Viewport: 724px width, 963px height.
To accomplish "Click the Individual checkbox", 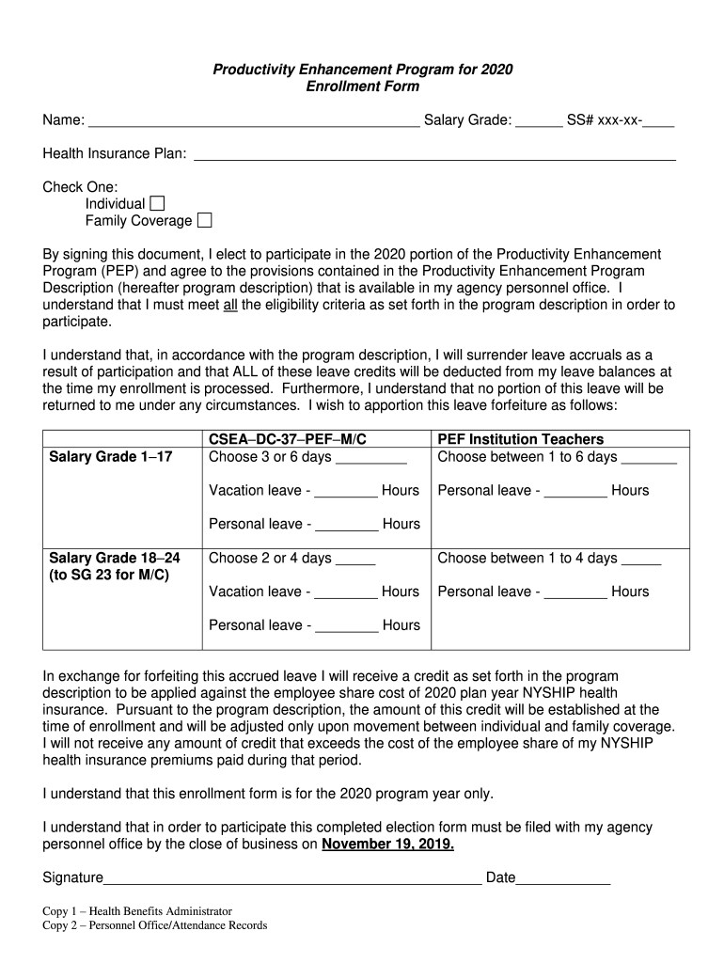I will coord(157,204).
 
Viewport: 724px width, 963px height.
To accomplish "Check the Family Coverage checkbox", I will coord(204,221).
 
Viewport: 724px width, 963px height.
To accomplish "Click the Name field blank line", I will coord(253,121).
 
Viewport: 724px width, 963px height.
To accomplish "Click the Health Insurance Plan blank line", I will coord(433,154).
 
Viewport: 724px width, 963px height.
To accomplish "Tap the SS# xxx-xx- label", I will coord(604,120).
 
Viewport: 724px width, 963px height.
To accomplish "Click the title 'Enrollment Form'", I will coord(363,87).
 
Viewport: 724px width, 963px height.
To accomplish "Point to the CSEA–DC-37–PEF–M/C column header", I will coord(287,439).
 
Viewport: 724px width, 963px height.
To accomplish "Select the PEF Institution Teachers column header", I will coord(521,439).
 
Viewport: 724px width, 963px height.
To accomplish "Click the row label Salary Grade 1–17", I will coord(110,457).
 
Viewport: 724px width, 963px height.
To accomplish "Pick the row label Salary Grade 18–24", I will coord(114,558).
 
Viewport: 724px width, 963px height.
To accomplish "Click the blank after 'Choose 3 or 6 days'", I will coord(370,458).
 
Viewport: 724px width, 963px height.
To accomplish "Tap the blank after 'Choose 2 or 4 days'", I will coord(355,559).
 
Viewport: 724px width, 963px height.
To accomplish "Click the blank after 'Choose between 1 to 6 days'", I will coord(649,458).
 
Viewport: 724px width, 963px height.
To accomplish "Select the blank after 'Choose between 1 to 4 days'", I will coord(641,559).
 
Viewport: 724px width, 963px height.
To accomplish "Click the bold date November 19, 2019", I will coord(387,845).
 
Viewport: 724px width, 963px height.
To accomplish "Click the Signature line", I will coord(292,879).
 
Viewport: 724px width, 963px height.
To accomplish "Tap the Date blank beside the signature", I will coord(563,879).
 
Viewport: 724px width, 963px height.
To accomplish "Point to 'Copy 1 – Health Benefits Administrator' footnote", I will coord(137,911).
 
